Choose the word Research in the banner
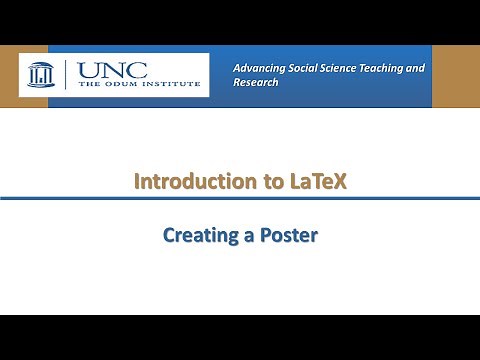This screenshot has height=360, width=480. (255, 83)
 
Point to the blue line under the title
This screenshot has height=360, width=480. (240, 199)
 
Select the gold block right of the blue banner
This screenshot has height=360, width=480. (455, 76)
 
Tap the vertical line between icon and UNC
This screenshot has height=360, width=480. (65, 74)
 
